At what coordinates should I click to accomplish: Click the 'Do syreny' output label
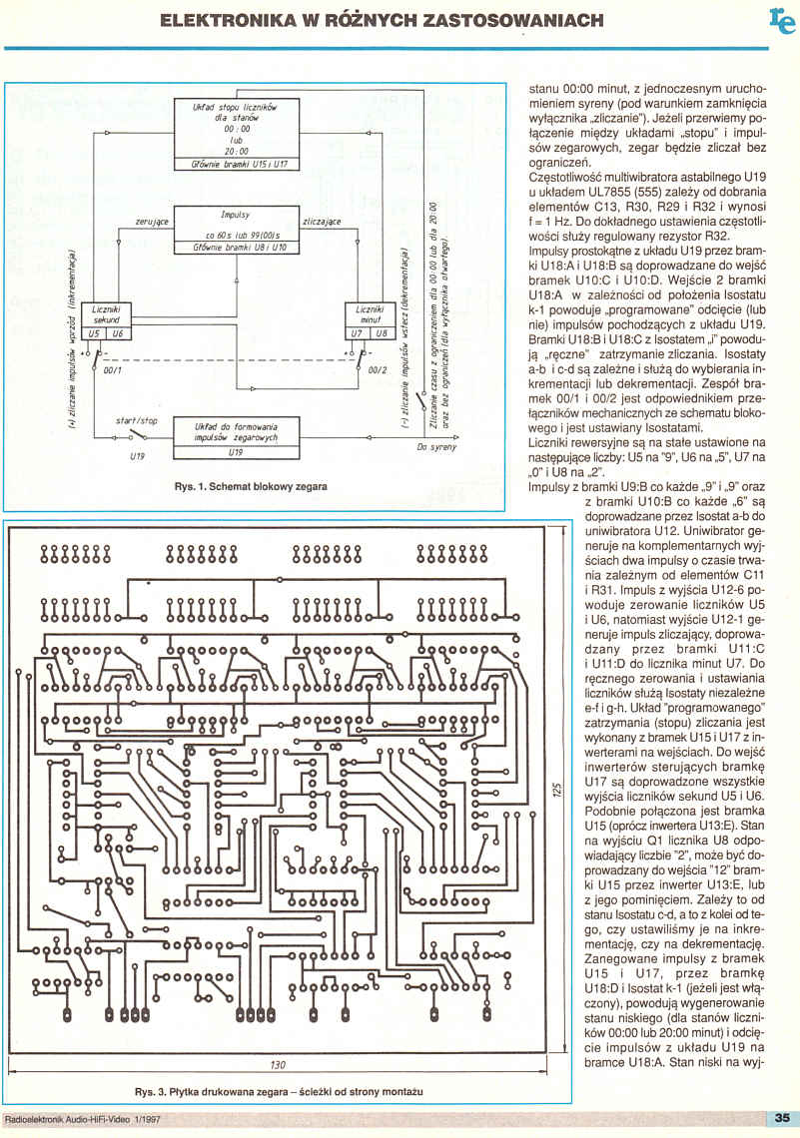[x=436, y=447]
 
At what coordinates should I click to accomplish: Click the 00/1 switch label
[x=113, y=369]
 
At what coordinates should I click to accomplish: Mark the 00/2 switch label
[x=377, y=369]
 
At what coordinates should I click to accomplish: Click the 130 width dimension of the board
[x=278, y=1065]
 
